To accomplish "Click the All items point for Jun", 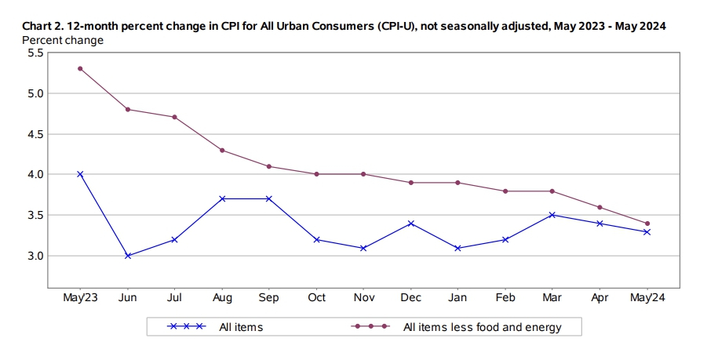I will pos(127,256).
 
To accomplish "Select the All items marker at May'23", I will pos(80,174).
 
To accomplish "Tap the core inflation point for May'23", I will pos(80,68).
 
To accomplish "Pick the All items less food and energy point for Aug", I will pos(222,150).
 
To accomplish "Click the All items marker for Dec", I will pos(411,224).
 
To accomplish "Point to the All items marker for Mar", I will pos(553,215).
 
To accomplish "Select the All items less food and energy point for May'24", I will pos(647,224).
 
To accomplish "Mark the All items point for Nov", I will pos(364,248).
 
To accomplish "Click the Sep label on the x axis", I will pos(269,299).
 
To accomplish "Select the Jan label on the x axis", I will pos(458,299).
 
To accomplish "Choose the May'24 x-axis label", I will pos(647,299).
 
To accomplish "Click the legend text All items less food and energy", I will pos(482,327).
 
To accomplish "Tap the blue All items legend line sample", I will pos(187,327).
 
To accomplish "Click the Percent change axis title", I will pos(63,38).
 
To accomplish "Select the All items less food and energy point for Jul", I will pos(174,117).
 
